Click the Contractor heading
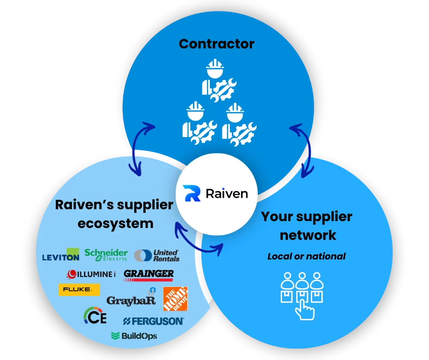[x=216, y=44]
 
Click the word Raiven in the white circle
[x=226, y=193]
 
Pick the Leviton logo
[x=61, y=255]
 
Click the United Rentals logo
[x=157, y=255]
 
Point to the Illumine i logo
[x=91, y=274]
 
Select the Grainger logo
[x=149, y=275]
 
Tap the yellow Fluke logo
[x=78, y=290]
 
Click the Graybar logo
[x=131, y=299]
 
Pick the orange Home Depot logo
[x=175, y=299]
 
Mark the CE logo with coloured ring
[x=95, y=316]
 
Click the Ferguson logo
[x=153, y=321]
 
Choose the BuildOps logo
[x=134, y=336]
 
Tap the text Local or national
[x=306, y=256]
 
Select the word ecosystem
[x=115, y=224]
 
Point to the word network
[x=308, y=235]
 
